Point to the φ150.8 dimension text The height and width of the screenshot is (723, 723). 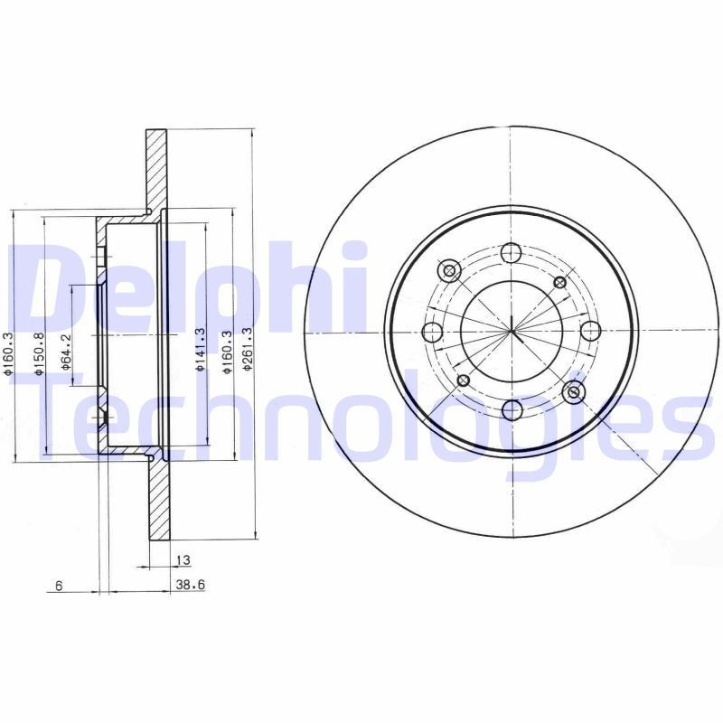pyautogui.click(x=38, y=352)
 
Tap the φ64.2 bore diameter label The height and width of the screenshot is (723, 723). pyautogui.click(x=64, y=352)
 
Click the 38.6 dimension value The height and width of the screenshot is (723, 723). pyautogui.click(x=189, y=586)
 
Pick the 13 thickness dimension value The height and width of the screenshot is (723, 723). pyautogui.click(x=183, y=560)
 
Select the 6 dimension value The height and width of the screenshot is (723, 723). pyautogui.click(x=57, y=586)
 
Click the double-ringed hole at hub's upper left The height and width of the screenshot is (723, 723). pyautogui.click(x=448, y=269)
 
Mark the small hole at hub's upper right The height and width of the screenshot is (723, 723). pyautogui.click(x=560, y=283)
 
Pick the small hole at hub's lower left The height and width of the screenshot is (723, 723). pyautogui.click(x=463, y=380)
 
